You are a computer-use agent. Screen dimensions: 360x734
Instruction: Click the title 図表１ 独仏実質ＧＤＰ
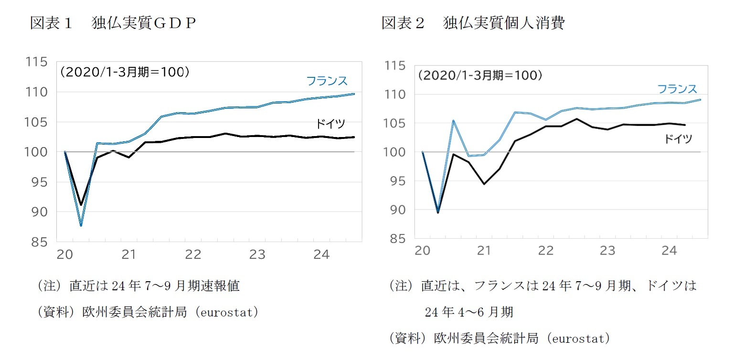(x=113, y=23)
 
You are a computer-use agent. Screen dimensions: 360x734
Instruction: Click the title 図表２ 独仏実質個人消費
(x=473, y=23)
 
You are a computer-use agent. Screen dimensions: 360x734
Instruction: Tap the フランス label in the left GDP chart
(x=327, y=81)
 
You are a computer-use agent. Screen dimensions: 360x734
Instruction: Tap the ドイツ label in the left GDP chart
(x=330, y=124)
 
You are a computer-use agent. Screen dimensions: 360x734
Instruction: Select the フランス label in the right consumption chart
(x=677, y=89)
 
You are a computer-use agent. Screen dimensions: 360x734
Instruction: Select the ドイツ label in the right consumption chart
(x=678, y=139)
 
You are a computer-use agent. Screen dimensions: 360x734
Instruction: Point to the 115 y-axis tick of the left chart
(x=37, y=62)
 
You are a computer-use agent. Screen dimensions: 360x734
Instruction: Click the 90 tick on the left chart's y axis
(x=40, y=212)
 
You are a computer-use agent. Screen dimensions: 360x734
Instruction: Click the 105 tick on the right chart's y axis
(x=394, y=123)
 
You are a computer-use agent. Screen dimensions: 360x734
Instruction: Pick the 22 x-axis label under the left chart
(x=193, y=254)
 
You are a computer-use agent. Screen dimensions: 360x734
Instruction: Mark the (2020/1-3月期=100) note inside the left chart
(x=125, y=72)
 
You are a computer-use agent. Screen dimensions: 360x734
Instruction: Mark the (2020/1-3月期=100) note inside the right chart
(x=480, y=75)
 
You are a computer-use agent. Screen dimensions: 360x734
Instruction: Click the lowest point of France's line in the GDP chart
(x=81, y=225)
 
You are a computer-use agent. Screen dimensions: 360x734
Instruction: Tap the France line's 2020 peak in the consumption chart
(x=453, y=120)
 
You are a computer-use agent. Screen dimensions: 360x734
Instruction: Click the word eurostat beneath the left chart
(x=229, y=312)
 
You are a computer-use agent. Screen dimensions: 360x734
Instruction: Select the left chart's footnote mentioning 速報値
(x=138, y=286)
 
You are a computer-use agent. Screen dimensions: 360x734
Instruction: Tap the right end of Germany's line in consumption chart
(x=685, y=125)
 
